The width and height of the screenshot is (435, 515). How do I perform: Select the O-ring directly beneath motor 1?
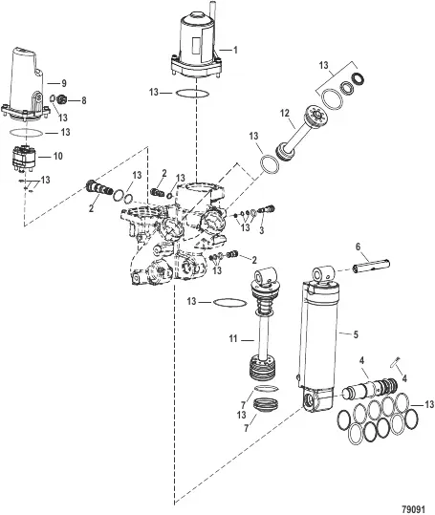[x=191, y=94]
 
